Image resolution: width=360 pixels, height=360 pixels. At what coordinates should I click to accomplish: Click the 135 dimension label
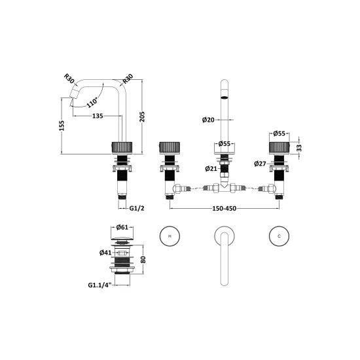[98, 116]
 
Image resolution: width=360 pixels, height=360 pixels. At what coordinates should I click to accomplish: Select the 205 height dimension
[142, 117]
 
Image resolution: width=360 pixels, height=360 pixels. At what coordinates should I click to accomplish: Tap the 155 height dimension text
[62, 126]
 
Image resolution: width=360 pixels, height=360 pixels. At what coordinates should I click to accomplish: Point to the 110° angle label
[92, 102]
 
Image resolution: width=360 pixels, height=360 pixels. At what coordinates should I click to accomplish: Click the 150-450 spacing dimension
[224, 208]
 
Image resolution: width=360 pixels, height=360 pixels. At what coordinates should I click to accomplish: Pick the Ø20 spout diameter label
[208, 120]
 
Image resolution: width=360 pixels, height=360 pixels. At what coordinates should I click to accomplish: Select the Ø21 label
[211, 169]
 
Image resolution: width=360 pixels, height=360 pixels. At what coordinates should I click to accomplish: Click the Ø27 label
[260, 164]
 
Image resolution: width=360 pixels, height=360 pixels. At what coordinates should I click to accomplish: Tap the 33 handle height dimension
[299, 148]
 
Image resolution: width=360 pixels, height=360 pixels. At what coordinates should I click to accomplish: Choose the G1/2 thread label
[137, 208]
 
